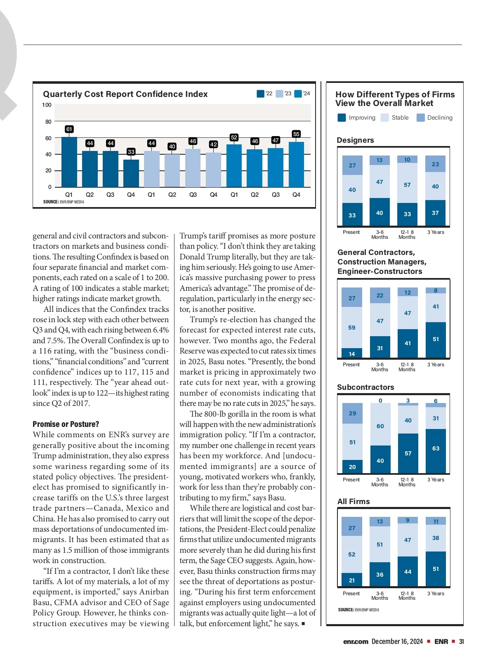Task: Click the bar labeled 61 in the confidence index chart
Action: [x=69, y=162]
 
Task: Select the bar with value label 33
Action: [x=131, y=173]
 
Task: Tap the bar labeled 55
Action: [x=296, y=164]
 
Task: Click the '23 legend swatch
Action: [x=279, y=94]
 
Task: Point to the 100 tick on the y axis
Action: [x=47, y=105]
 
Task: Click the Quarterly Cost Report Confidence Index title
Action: [x=125, y=94]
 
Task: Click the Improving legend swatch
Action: [x=342, y=118]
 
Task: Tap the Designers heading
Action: [x=355, y=140]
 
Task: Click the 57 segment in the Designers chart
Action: [x=407, y=185]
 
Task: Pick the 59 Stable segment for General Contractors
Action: [x=352, y=328]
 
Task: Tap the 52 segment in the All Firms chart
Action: [x=352, y=554]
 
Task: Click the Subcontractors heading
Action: [x=365, y=387]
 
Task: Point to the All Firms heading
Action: [x=354, y=502]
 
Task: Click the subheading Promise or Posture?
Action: [x=66, y=424]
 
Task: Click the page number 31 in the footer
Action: [x=462, y=641]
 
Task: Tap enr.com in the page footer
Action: [x=356, y=641]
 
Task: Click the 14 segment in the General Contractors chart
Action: [x=352, y=354]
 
